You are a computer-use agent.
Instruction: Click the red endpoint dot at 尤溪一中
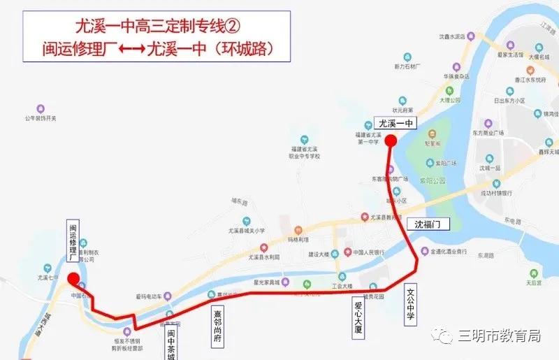(x=391, y=141)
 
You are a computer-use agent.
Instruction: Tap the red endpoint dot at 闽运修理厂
(x=73, y=280)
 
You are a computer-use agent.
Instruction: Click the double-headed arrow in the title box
(x=127, y=50)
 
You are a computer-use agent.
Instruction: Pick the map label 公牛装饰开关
(x=40, y=120)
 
